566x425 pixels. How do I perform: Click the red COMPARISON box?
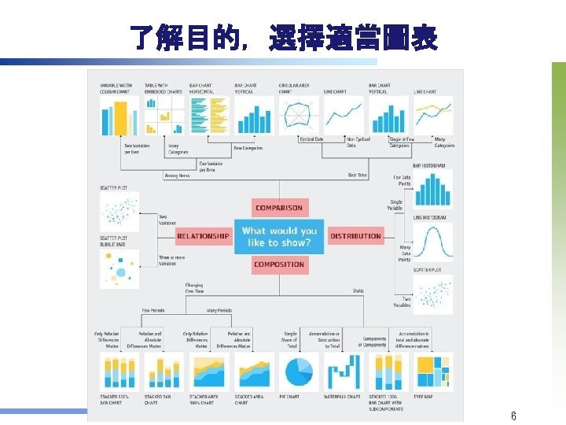[278, 208]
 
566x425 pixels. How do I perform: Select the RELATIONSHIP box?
[203, 236]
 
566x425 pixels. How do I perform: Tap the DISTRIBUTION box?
[355, 236]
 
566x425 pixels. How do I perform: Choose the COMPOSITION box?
[278, 264]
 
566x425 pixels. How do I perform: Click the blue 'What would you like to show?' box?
[279, 236]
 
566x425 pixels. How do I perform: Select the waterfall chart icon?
[343, 371]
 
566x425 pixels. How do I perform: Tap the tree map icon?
[433, 371]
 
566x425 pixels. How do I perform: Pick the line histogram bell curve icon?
[432, 242]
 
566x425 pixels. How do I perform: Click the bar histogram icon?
[432, 189]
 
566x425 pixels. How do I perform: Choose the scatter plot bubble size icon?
[119, 268]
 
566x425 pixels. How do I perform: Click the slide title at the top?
[283, 37]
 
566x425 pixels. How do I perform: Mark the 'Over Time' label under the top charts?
[357, 175]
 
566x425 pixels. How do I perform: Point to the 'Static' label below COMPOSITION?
[358, 291]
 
